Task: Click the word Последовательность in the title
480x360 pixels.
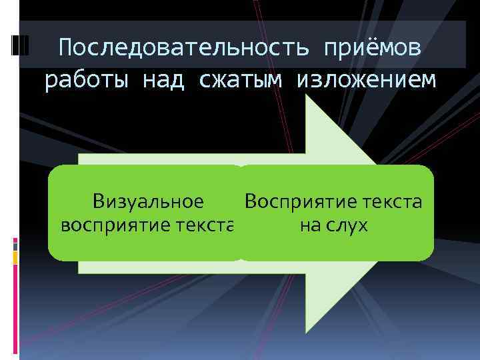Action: pyautogui.click(x=183, y=48)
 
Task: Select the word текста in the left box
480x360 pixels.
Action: pyautogui.click(x=204, y=225)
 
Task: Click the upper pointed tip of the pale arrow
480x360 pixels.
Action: pyautogui.click(x=306, y=96)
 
